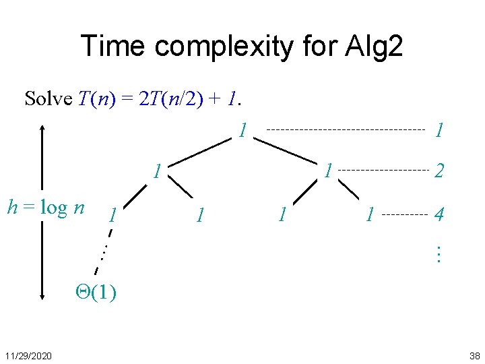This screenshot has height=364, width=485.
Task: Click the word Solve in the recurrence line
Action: (48, 99)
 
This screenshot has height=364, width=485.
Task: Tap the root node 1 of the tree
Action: (243, 129)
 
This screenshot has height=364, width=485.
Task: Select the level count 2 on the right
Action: (439, 172)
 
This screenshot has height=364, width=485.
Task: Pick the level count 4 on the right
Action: (439, 216)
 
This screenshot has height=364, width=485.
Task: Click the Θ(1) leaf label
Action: (95, 292)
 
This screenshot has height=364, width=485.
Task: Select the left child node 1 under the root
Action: (156, 171)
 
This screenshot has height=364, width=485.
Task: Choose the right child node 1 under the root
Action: (328, 170)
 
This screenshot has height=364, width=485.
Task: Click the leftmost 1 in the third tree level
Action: (113, 216)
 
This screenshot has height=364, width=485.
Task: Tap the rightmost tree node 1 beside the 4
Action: (369, 216)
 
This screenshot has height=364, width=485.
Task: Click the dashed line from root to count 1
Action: (346, 129)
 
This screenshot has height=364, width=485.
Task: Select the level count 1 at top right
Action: (439, 129)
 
